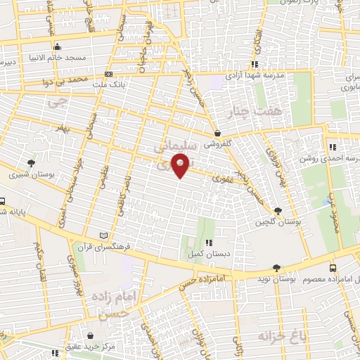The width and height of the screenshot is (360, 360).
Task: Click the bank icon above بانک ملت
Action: [108, 74]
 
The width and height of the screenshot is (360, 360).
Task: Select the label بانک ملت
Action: [108, 84]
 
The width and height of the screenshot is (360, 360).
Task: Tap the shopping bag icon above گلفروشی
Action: [217, 133]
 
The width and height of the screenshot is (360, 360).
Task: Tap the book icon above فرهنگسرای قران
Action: [105, 236]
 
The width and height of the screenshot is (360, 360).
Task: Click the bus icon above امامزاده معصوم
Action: [333, 268]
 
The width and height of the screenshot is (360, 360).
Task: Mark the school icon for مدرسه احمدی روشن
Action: [332, 147]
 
